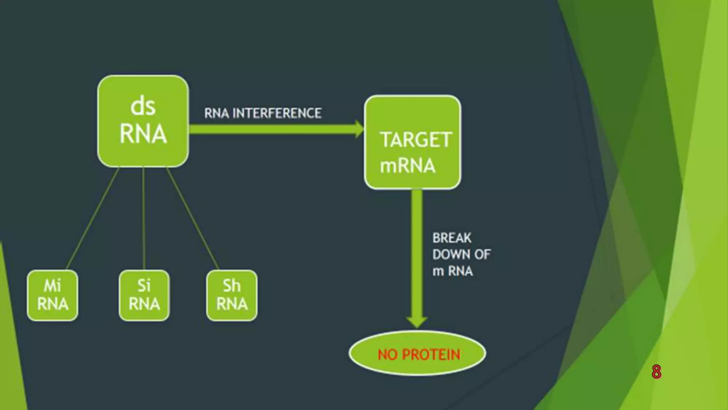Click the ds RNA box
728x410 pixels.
[x=143, y=121]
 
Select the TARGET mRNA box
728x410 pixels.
[x=412, y=142]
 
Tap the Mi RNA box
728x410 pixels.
[x=53, y=295]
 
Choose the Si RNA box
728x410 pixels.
[x=144, y=295]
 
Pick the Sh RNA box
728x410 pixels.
[x=232, y=295]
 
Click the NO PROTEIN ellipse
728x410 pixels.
[x=418, y=354]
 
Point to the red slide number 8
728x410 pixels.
[x=656, y=372]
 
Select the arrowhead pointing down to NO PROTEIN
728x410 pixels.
[x=417, y=322]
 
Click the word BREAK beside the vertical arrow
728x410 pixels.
[x=452, y=238]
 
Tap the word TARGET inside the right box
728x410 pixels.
[x=416, y=140]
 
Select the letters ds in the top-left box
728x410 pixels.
[x=143, y=106]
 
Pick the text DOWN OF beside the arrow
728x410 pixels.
[x=461, y=254]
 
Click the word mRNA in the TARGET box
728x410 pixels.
[x=407, y=166]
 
